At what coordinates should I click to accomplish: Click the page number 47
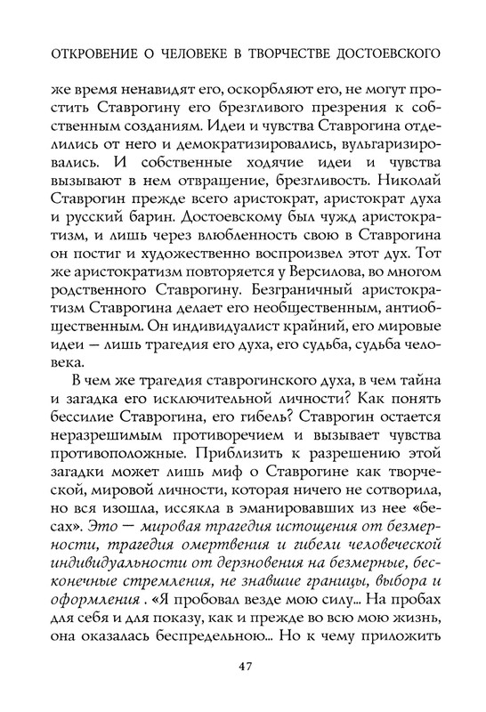tap(243, 667)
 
